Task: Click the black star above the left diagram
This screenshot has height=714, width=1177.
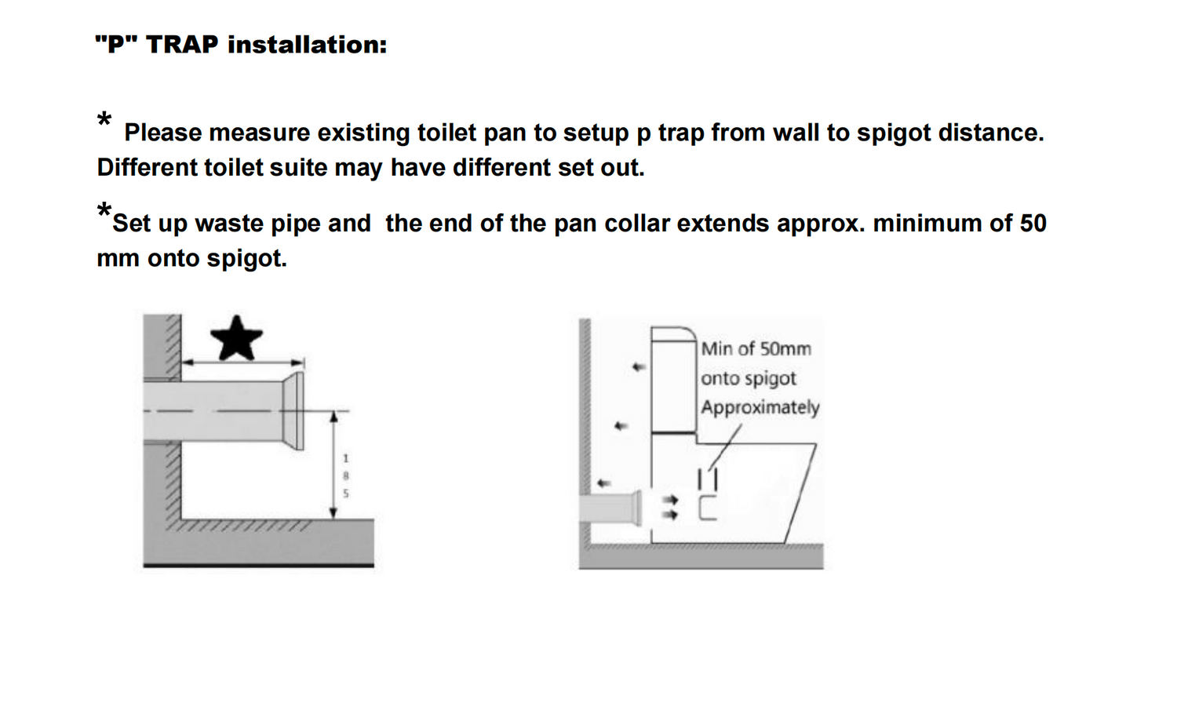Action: point(236,339)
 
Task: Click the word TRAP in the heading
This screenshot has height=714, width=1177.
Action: point(182,45)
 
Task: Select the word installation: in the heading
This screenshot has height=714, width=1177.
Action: point(308,45)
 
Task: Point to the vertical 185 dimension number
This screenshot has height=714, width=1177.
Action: point(346,476)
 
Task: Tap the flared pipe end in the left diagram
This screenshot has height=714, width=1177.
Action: point(293,411)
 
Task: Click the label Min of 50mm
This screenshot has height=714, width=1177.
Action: point(756,349)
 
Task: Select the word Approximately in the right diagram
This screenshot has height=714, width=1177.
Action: point(760,408)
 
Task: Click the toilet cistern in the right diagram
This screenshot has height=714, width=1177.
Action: point(674,381)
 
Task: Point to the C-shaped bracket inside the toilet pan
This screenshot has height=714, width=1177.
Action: point(707,508)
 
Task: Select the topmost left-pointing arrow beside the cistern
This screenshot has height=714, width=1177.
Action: point(639,366)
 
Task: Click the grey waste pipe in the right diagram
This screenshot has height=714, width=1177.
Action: point(610,508)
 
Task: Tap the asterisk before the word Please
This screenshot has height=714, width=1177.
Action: point(104,119)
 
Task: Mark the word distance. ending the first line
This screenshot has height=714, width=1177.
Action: point(992,133)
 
